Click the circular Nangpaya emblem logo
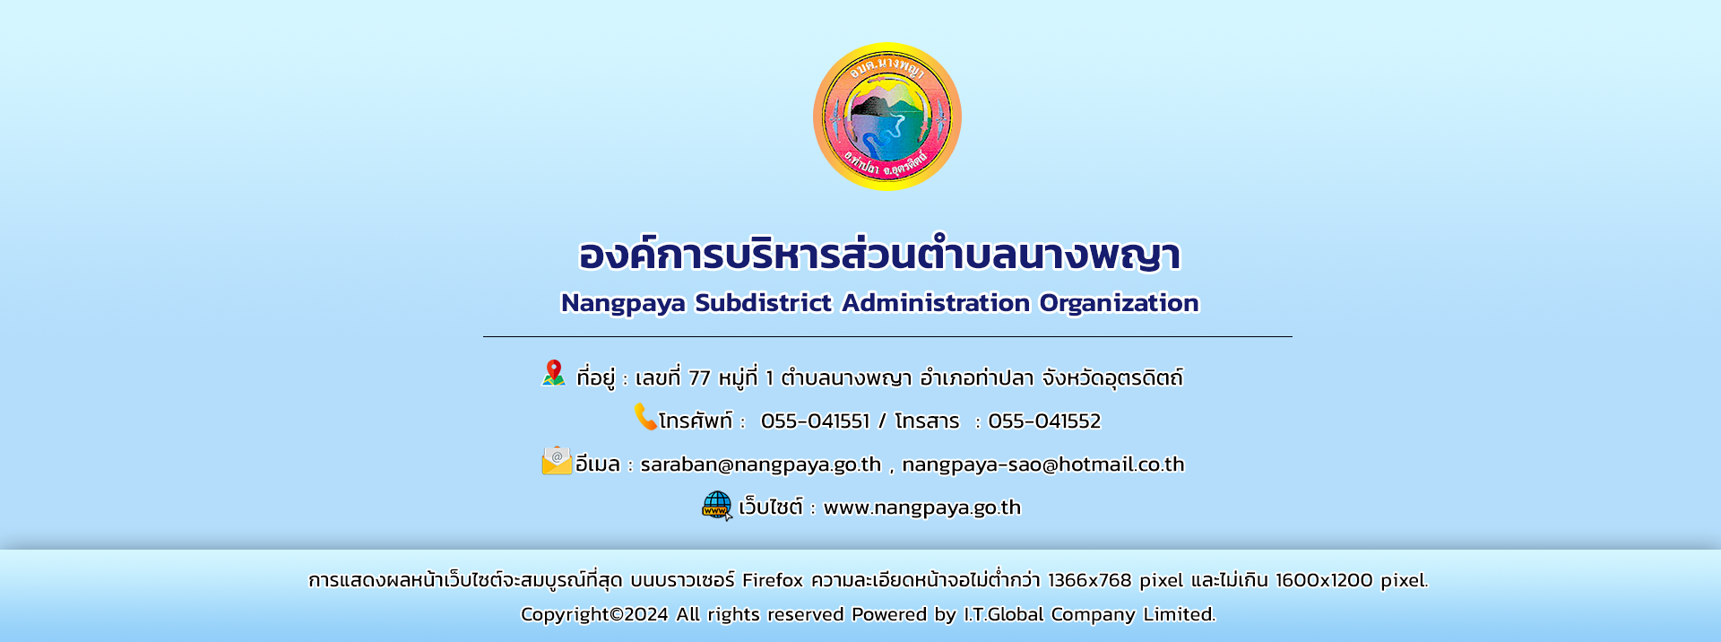[887, 117]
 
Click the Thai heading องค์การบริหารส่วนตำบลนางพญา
[879, 254]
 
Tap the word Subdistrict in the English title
[764, 303]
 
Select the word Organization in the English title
[1119, 304]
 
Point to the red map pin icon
[554, 373]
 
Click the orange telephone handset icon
[645, 417]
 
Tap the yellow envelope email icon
[557, 461]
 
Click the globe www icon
[717, 506]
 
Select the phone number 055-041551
[815, 421]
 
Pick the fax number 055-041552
[1044, 421]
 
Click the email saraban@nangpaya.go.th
[761, 464]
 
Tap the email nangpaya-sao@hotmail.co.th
[1043, 464]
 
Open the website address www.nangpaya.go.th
[922, 508]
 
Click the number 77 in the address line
[699, 378]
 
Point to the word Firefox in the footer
[773, 580]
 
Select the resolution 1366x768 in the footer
[1089, 580]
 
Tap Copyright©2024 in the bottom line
[594, 614]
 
